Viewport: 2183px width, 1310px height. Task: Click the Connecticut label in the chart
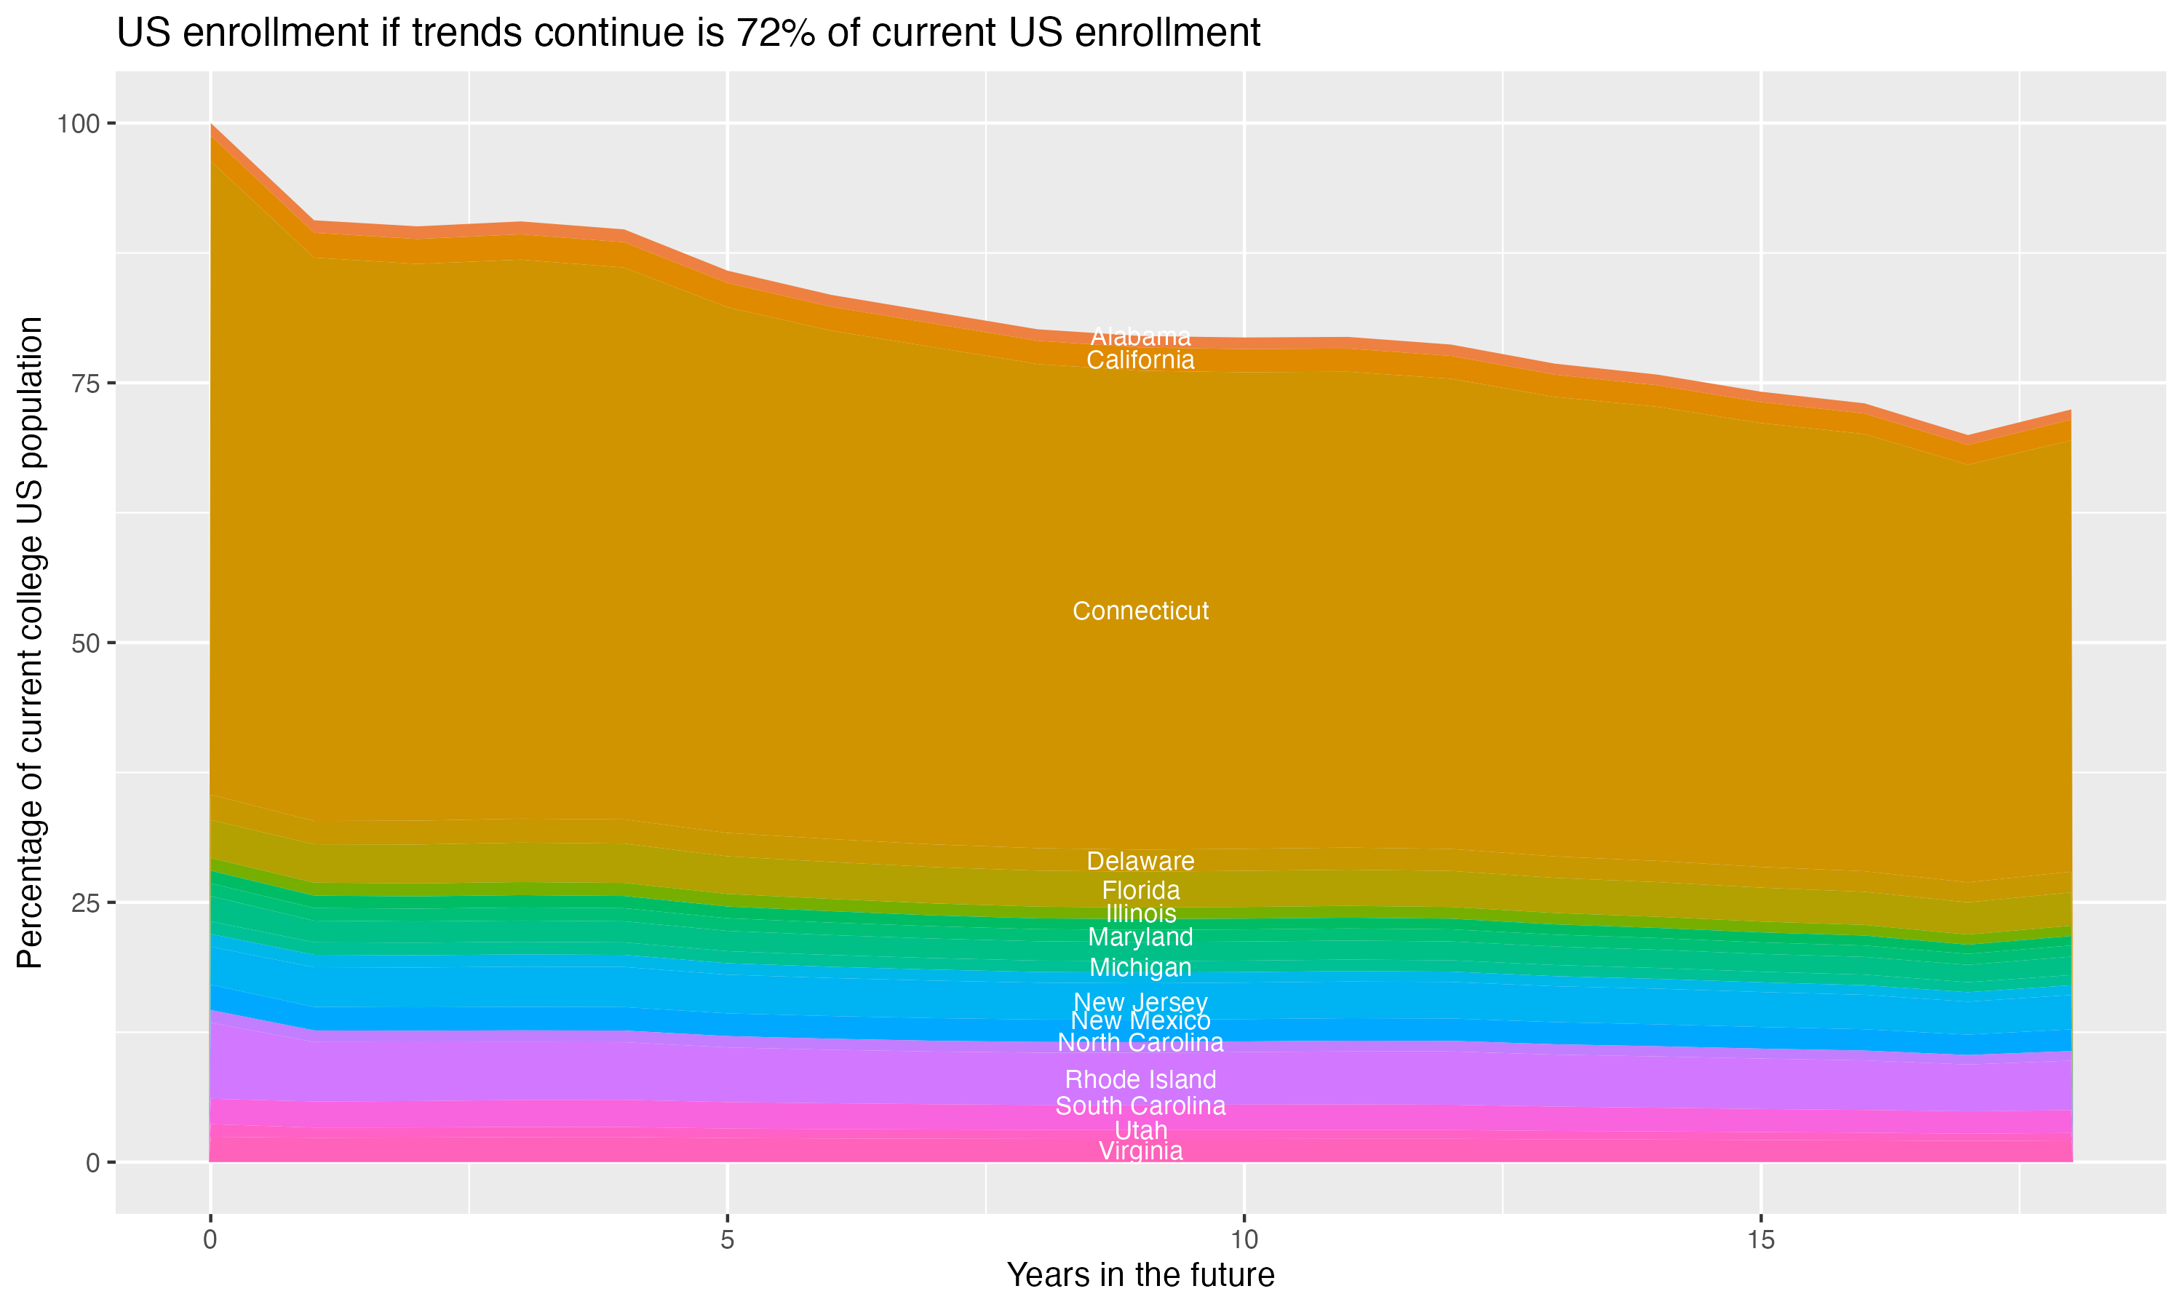tap(1140, 611)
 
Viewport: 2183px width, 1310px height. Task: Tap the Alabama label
tap(1140, 336)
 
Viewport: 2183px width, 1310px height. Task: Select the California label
tap(1140, 360)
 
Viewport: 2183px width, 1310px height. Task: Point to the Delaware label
tap(1140, 861)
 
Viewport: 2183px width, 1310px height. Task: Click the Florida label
tap(1140, 890)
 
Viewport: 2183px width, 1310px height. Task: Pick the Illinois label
tap(1140, 913)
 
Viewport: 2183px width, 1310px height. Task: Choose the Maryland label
tap(1140, 937)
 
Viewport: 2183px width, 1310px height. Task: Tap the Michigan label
tap(1140, 967)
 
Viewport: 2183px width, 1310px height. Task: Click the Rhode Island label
tap(1140, 1079)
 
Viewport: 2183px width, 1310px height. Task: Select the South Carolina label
tap(1140, 1106)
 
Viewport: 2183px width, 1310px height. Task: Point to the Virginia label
tap(1140, 1151)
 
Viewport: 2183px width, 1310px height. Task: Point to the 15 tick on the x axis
tap(1760, 1240)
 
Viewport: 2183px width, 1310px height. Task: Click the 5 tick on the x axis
tap(727, 1240)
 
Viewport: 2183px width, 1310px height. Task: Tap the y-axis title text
tap(30, 642)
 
